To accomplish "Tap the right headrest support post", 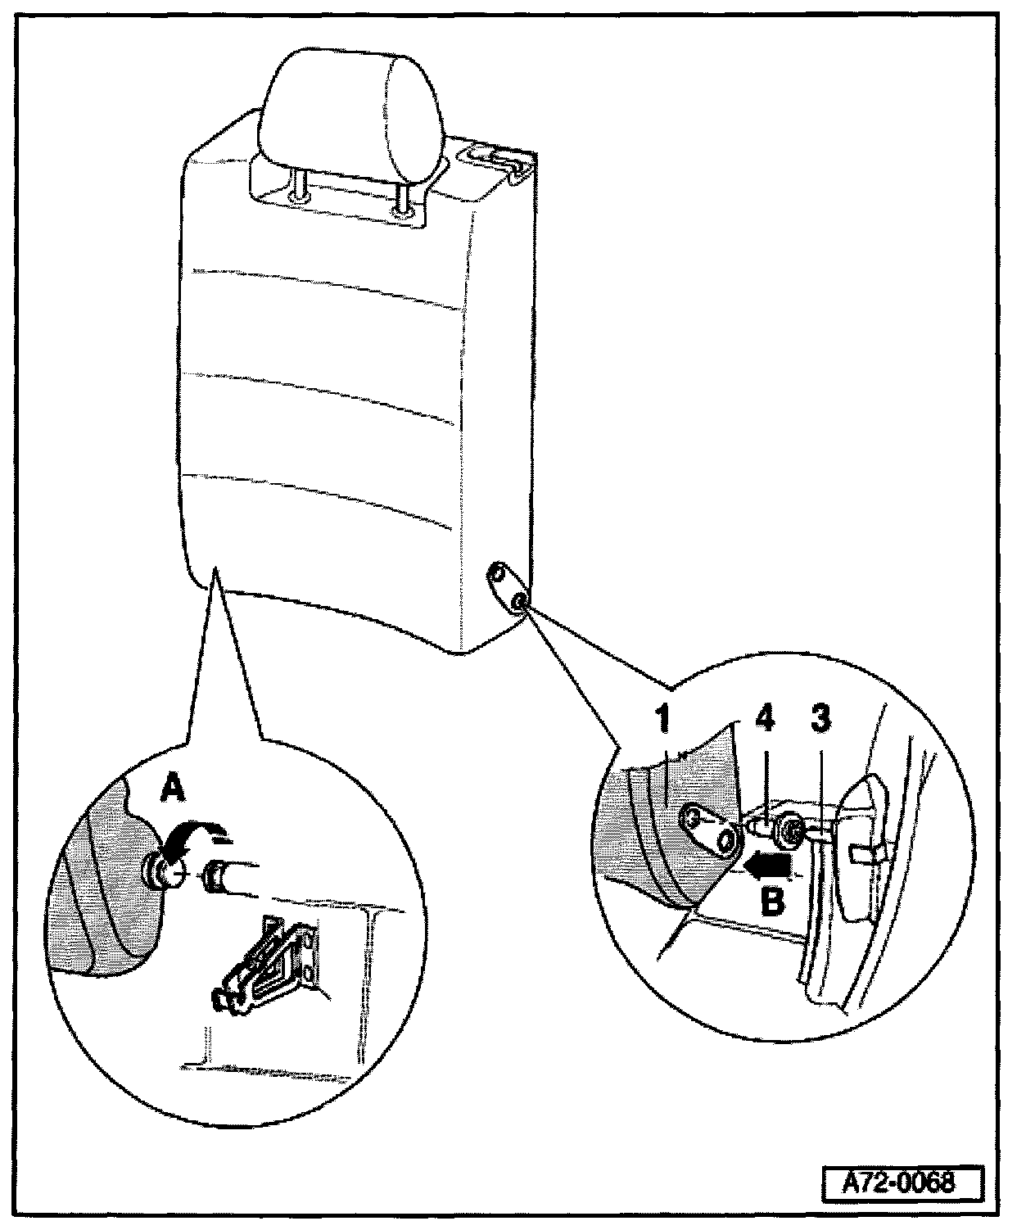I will tap(400, 200).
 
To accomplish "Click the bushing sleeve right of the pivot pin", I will tap(218, 877).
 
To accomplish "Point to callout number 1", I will tap(662, 720).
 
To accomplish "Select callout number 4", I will tap(763, 721).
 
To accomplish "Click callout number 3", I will tap(820, 719).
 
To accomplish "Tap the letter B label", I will tap(773, 901).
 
